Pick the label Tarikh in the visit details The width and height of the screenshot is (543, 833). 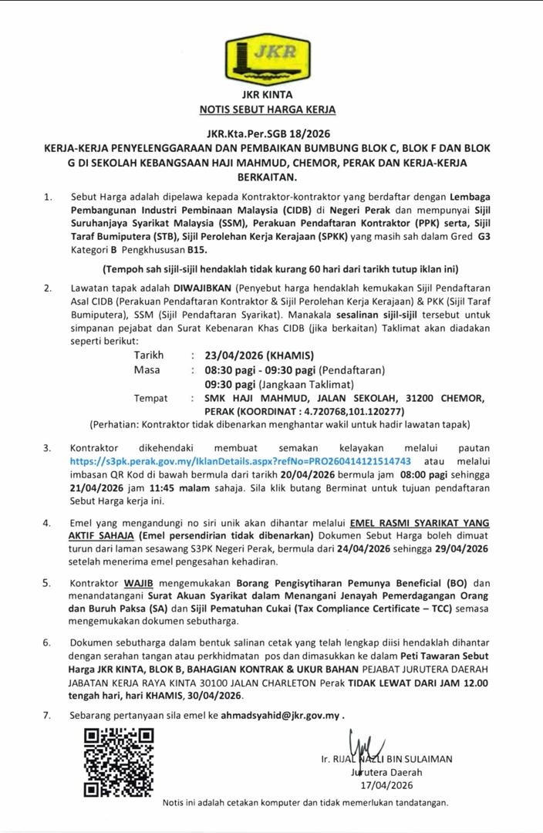tap(149, 356)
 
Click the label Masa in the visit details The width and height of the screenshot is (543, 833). tap(147, 370)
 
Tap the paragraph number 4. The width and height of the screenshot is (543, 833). tap(48, 522)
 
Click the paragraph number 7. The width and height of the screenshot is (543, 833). tap(48, 715)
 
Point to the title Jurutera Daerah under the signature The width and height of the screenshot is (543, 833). tap(386, 772)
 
